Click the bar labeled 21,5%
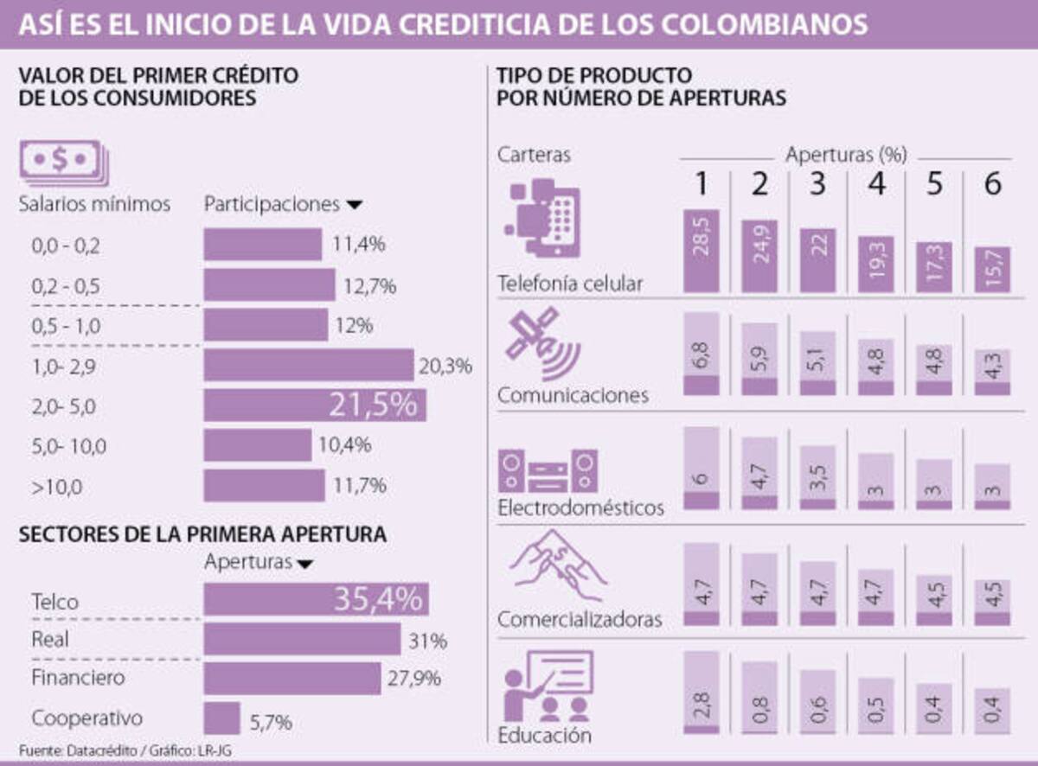314,405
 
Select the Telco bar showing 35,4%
316,599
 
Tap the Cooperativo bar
221,718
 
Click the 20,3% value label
445,366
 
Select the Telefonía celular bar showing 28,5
701,251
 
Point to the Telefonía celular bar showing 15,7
992,270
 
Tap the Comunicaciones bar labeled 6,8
701,354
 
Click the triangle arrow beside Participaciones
353,206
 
